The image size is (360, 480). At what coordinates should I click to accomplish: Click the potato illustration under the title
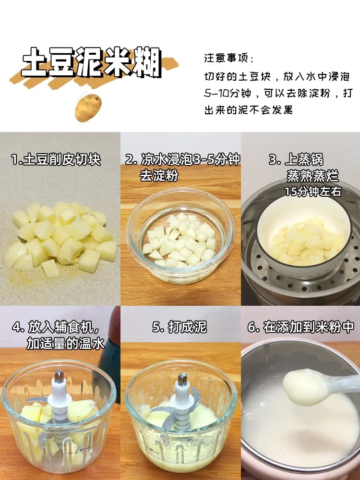[88, 108]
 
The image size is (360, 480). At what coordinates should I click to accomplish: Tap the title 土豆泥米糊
[92, 63]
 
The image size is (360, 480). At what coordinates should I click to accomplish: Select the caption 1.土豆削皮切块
[56, 160]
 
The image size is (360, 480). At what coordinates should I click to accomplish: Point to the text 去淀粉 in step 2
[159, 176]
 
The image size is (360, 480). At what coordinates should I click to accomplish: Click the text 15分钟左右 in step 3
[312, 192]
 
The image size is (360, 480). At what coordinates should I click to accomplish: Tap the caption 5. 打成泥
[180, 327]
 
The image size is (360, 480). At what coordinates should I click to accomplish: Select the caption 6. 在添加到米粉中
[300, 327]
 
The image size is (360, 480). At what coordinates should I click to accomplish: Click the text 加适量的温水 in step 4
[65, 344]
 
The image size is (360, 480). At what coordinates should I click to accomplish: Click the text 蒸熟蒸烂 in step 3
[312, 176]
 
